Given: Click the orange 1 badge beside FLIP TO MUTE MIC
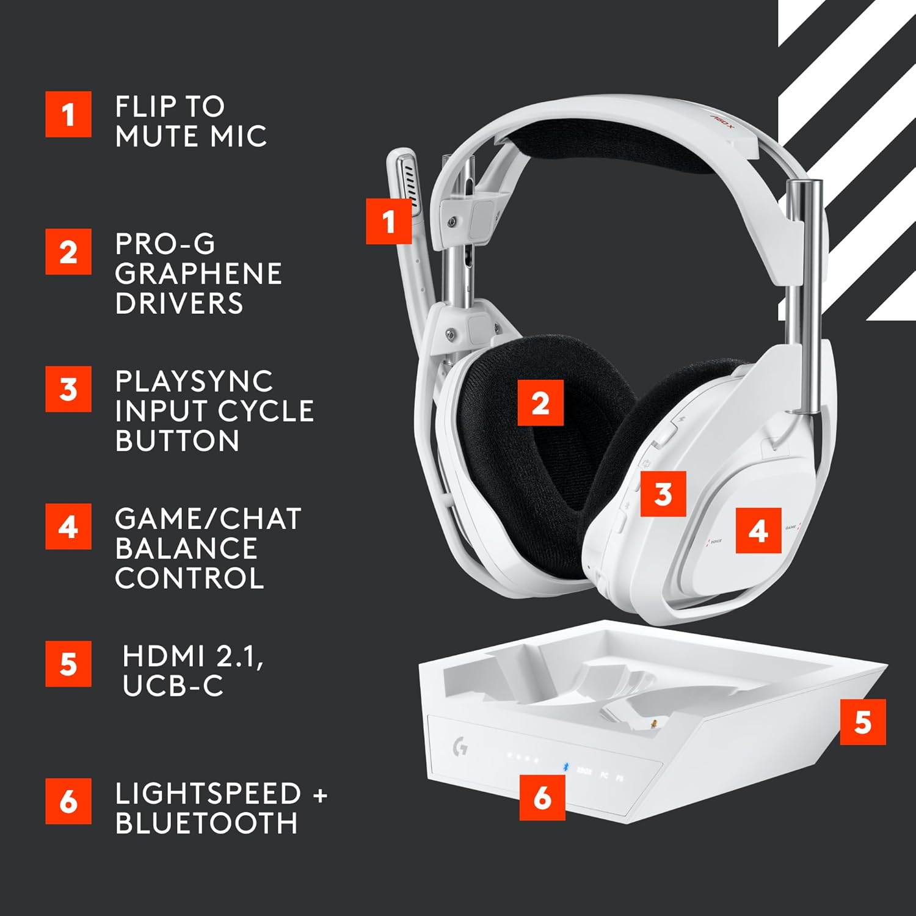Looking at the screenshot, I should [x=68, y=114].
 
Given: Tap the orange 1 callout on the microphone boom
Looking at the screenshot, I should [x=389, y=221].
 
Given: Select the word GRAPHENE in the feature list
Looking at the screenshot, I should [x=198, y=274].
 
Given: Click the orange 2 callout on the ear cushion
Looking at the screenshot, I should [x=540, y=403].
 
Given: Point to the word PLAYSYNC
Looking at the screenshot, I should [x=194, y=382].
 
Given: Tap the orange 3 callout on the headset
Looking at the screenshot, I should [x=663, y=493].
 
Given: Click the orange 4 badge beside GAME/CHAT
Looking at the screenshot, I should [x=68, y=526].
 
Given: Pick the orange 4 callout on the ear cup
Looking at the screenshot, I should [x=758, y=531].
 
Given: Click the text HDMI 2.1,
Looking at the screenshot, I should [x=193, y=656].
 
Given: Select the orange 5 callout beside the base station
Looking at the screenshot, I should [x=862, y=722].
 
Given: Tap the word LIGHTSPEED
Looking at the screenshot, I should [x=208, y=794].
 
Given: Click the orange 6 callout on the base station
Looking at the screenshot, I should [x=542, y=797].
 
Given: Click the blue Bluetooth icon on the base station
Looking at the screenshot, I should [x=565, y=767].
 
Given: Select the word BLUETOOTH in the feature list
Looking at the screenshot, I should [x=206, y=824].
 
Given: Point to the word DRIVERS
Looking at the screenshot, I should [x=179, y=304].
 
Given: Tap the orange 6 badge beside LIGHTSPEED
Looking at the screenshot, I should [x=68, y=801].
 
